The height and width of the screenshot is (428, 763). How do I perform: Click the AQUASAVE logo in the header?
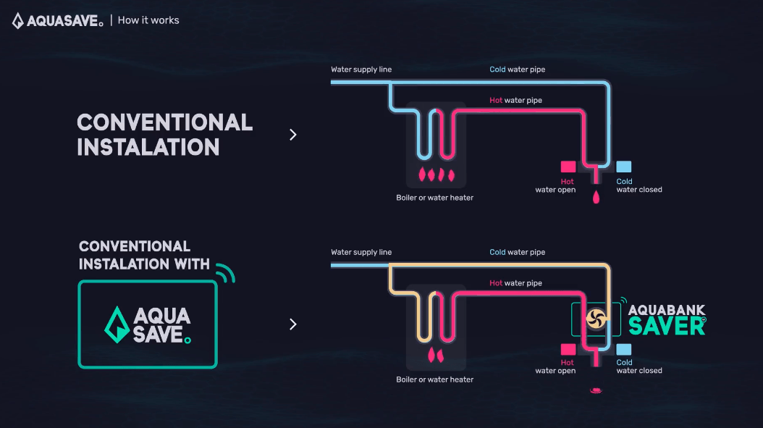(57, 20)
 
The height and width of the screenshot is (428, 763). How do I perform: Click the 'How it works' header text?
(148, 20)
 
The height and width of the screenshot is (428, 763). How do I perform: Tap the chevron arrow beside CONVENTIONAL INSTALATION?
(293, 135)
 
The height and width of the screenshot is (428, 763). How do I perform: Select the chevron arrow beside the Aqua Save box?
(293, 324)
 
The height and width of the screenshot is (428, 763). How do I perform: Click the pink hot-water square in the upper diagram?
(568, 167)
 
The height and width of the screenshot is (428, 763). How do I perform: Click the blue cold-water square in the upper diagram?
(624, 167)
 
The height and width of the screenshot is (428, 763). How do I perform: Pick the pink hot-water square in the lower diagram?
(568, 349)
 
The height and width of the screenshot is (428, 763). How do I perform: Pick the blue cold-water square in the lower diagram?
(624, 349)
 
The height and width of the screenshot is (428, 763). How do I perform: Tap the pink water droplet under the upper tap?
(596, 197)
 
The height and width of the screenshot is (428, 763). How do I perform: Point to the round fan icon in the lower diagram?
(596, 319)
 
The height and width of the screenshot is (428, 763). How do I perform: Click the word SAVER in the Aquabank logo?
(667, 326)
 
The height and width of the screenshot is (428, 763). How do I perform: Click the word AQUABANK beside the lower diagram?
(667, 310)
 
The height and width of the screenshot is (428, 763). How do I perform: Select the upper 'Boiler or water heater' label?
(434, 198)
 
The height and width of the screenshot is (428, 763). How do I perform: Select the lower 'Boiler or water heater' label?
(434, 379)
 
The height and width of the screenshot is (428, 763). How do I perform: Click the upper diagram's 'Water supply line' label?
(361, 69)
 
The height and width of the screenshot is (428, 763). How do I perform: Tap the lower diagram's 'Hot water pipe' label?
(516, 283)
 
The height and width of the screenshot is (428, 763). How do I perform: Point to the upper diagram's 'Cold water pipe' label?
(518, 69)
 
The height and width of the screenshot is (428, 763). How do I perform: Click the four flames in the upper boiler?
(437, 175)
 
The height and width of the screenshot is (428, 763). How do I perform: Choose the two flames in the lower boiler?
(436, 356)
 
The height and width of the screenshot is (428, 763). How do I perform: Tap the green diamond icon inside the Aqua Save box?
(117, 324)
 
